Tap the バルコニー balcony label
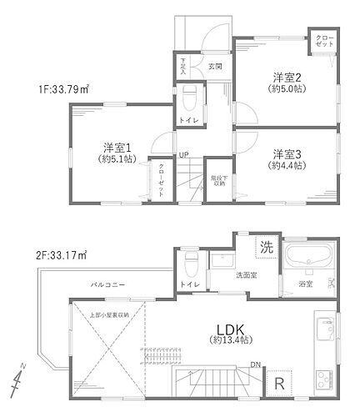107,286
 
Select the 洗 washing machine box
264,247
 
